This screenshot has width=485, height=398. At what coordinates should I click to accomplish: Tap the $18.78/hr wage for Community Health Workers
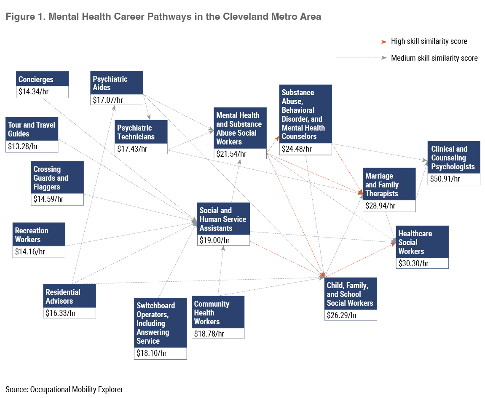[209, 334]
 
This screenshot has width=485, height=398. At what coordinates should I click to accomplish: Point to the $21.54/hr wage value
[231, 154]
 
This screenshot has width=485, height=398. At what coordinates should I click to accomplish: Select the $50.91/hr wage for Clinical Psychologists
[445, 179]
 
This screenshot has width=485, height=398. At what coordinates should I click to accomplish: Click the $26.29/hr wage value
[342, 315]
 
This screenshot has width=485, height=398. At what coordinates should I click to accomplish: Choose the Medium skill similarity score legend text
[434, 58]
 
